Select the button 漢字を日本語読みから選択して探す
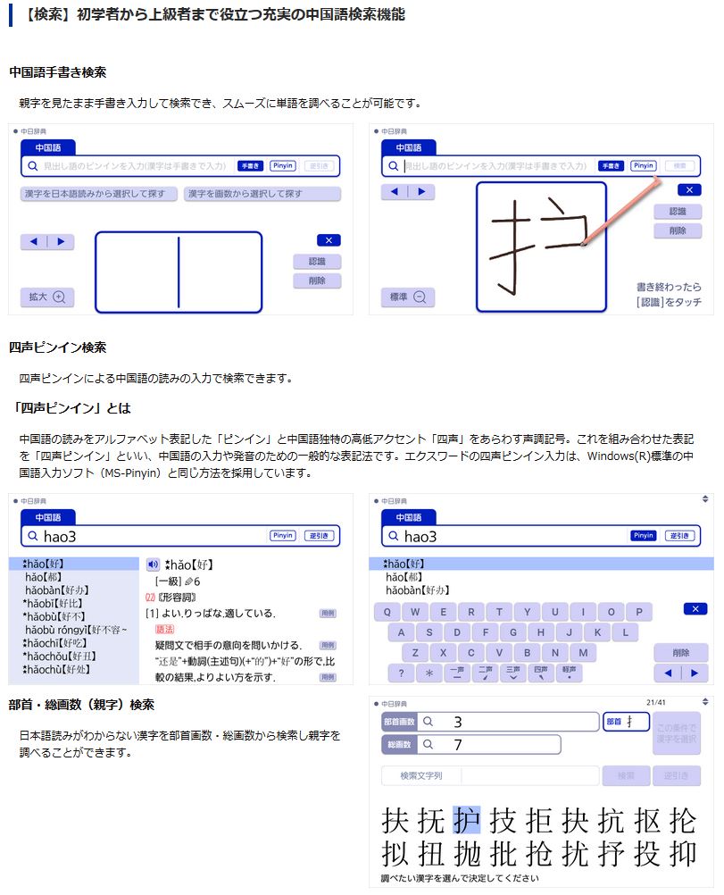click(x=99, y=194)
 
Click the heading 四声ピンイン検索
click(x=58, y=347)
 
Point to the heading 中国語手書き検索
click(x=58, y=72)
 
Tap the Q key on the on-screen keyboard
click(x=387, y=613)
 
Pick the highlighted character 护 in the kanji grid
click(x=466, y=819)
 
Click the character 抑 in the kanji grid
click(x=682, y=854)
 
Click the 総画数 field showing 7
click(x=489, y=744)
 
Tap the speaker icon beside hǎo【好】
click(x=153, y=565)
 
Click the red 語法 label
click(x=165, y=629)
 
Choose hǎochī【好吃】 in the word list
click(x=56, y=642)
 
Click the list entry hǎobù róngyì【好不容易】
click(x=77, y=630)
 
